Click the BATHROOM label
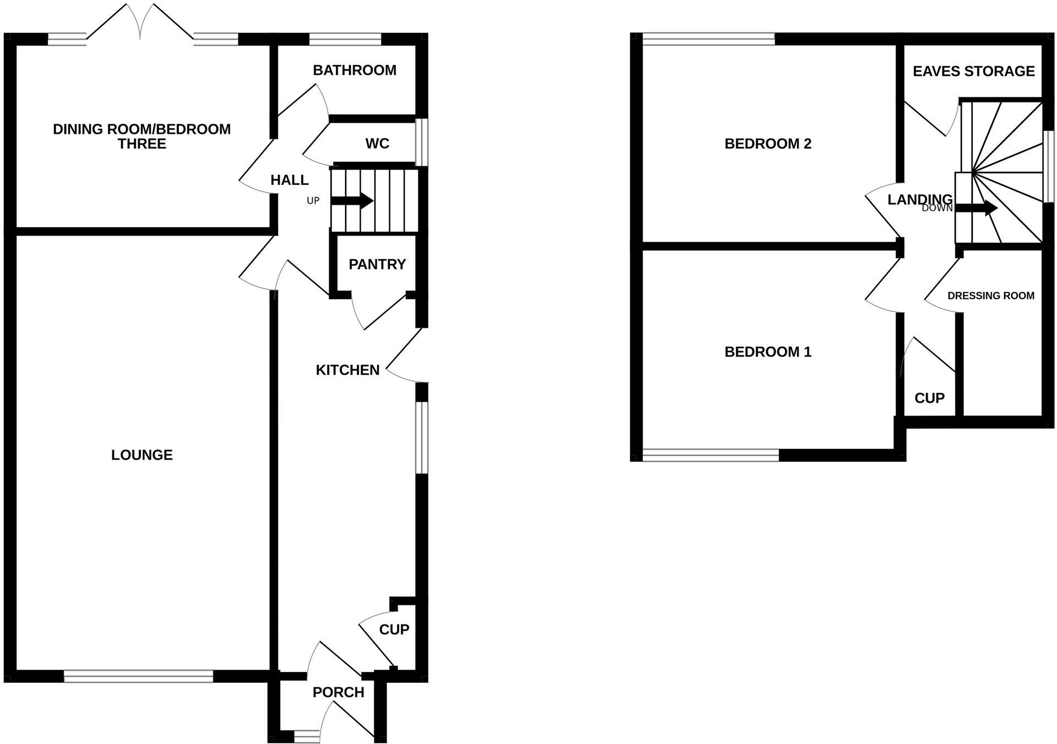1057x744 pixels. click(x=355, y=70)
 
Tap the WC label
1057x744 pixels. click(x=377, y=144)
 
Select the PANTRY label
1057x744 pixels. click(x=377, y=264)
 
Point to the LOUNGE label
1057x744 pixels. click(x=142, y=455)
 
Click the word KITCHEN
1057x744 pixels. click(x=347, y=370)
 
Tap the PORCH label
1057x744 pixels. click(x=338, y=692)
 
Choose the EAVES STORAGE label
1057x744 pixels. click(x=973, y=71)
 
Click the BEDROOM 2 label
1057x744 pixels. click(x=767, y=144)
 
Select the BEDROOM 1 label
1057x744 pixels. click(x=767, y=352)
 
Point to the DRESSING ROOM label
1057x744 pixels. click(x=990, y=296)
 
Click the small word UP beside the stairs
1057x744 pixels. click(x=313, y=201)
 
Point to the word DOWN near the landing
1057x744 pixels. click(x=937, y=208)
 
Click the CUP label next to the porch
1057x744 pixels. click(x=394, y=629)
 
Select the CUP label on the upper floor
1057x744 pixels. click(x=929, y=398)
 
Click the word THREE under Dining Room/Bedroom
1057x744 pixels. click(x=142, y=144)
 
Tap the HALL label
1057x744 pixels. click(x=290, y=180)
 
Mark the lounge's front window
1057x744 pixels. click(x=138, y=676)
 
